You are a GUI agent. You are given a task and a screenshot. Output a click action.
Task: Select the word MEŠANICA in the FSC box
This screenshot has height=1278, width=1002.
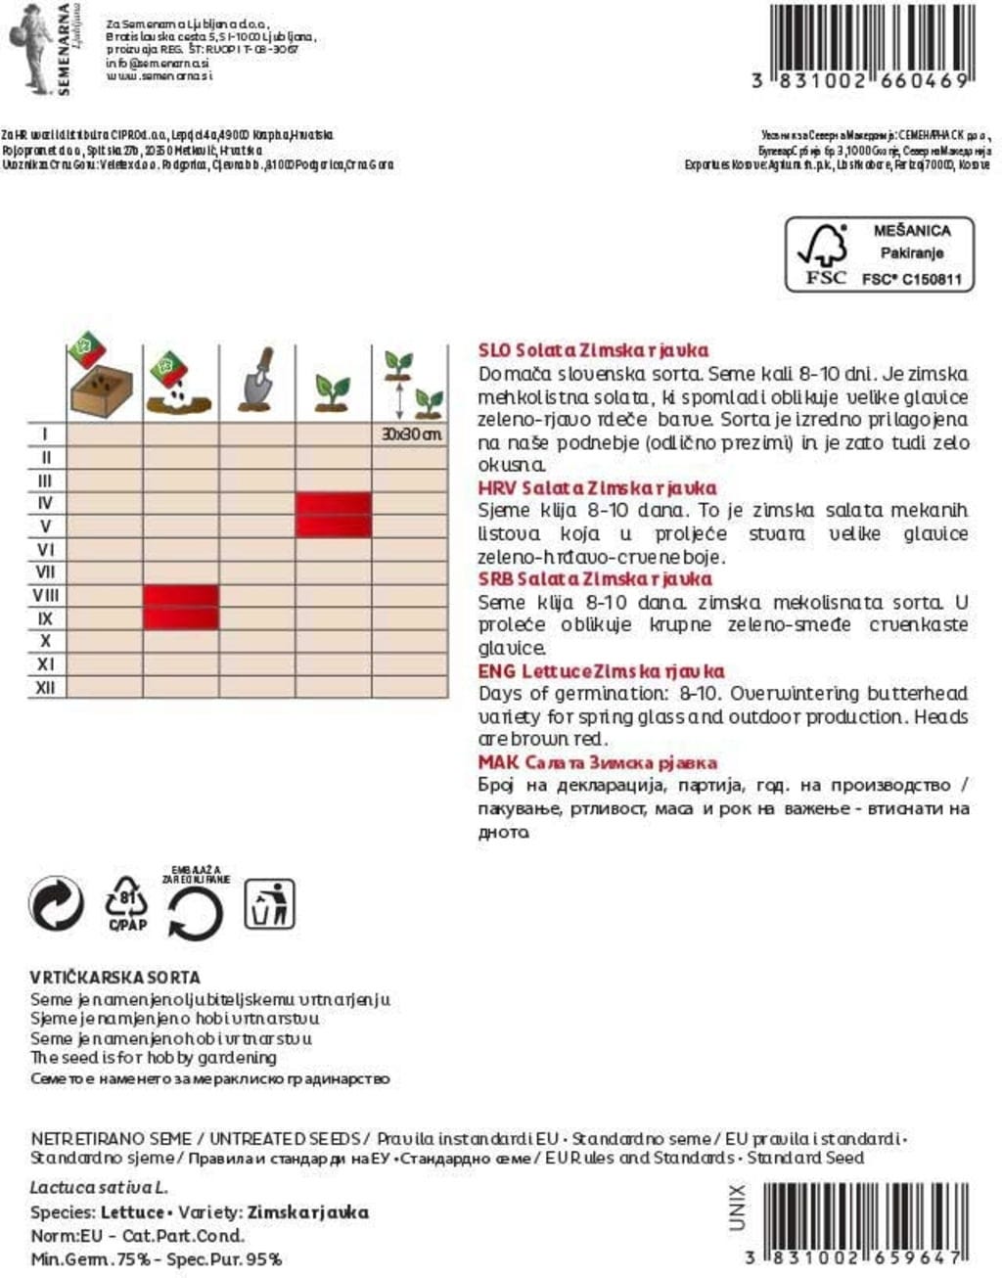[911, 231]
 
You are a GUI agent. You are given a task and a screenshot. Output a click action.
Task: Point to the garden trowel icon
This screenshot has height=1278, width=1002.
[257, 380]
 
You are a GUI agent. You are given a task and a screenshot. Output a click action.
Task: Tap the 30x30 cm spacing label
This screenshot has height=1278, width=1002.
[411, 434]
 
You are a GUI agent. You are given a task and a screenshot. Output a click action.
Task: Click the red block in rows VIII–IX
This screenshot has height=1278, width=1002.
[181, 607]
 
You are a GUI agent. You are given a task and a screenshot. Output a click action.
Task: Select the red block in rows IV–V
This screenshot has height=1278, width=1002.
[334, 515]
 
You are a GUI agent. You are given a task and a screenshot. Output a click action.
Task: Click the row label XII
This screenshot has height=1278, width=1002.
[46, 687]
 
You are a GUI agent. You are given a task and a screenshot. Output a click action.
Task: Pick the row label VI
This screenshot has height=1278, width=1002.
[46, 549]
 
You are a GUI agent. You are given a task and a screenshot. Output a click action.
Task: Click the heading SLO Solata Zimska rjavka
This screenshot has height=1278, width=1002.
[593, 350]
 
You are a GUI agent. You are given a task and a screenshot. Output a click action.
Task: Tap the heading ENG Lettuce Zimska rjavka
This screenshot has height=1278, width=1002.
[601, 671]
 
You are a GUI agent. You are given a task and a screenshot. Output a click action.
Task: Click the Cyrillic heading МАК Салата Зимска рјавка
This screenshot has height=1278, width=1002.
[598, 762]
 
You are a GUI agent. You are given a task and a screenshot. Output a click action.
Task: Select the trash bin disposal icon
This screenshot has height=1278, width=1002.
[269, 903]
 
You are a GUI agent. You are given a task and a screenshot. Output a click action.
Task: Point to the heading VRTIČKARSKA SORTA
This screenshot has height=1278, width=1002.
[115, 977]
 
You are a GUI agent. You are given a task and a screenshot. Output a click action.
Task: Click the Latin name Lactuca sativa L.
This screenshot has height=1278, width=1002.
[99, 1188]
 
